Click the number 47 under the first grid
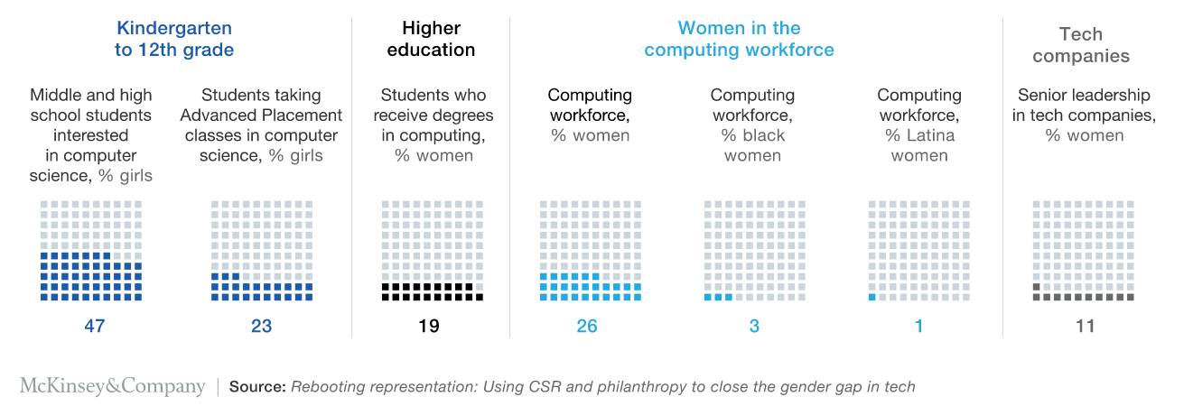[94, 327]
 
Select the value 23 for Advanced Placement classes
[261, 327]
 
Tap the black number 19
[429, 327]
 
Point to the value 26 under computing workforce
[587, 327]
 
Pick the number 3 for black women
[754, 327]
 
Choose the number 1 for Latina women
[919, 327]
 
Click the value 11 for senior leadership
[1085, 327]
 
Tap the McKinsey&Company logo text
[113, 387]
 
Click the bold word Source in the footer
[256, 387]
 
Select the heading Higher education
[431, 40]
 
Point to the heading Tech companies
[1081, 45]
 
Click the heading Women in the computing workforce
[739, 40]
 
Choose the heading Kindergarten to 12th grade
[174, 40]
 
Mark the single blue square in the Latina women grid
[872, 297]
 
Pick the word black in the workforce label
[763, 135]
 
